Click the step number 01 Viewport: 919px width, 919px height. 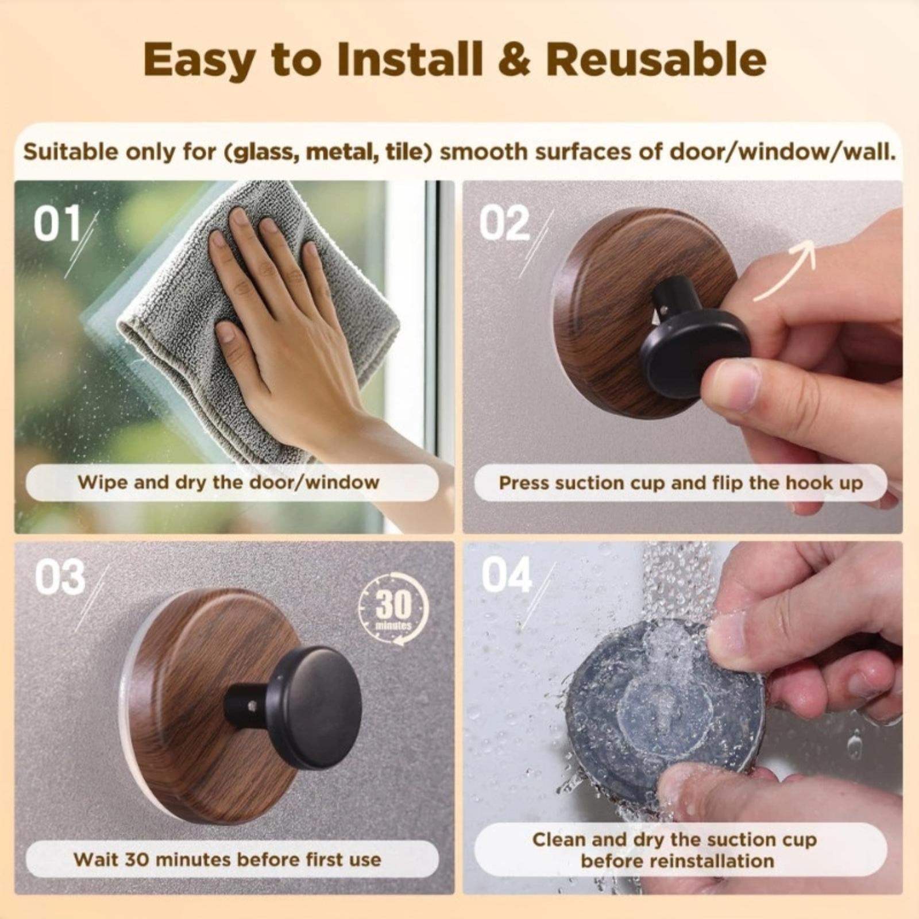click(57, 223)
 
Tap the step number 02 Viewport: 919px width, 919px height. click(504, 223)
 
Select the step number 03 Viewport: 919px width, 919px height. click(60, 577)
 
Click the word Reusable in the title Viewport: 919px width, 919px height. click(655, 59)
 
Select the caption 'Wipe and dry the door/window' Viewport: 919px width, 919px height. click(229, 482)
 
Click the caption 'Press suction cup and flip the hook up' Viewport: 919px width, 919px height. click(681, 483)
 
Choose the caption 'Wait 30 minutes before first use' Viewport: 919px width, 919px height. click(227, 859)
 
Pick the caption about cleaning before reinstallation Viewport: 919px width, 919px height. click(674, 850)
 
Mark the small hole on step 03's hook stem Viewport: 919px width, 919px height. click(251, 701)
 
